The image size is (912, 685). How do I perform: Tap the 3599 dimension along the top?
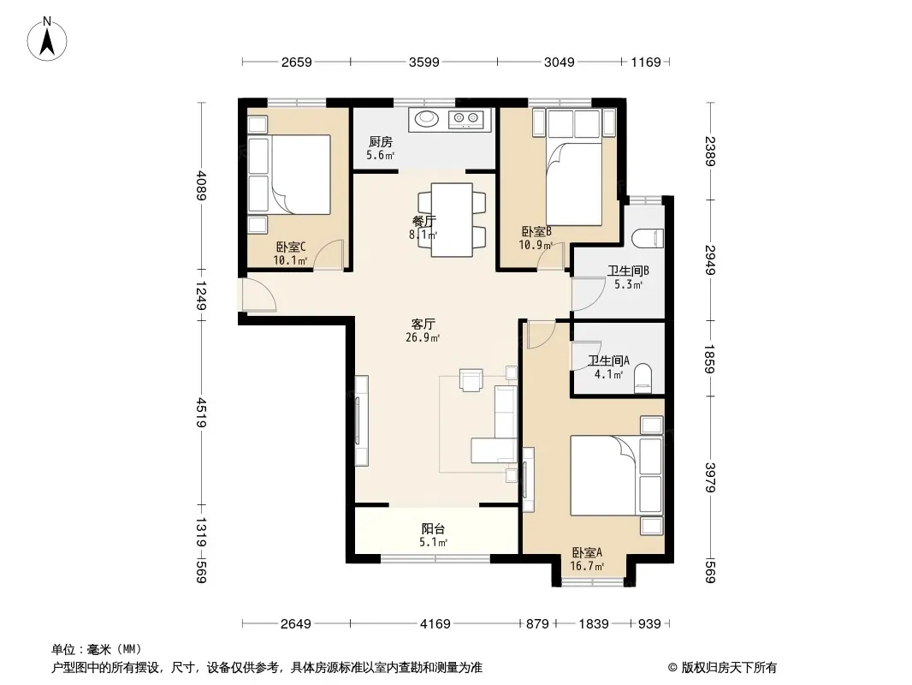click(x=424, y=62)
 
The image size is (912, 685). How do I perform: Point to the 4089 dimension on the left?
click(x=201, y=185)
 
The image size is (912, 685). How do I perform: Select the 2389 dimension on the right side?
click(x=710, y=152)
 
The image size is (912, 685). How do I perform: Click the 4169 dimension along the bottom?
click(x=435, y=624)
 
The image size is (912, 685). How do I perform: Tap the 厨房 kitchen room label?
click(x=381, y=141)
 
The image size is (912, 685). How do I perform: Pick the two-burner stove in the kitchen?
click(x=466, y=119)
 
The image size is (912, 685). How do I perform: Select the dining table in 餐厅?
click(x=452, y=219)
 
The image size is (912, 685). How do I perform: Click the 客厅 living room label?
click(x=423, y=325)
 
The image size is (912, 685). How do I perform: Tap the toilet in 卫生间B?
click(x=648, y=238)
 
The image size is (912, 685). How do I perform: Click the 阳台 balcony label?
click(x=433, y=528)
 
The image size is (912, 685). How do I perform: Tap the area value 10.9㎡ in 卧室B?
click(x=536, y=245)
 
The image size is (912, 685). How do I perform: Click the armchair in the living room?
click(x=471, y=379)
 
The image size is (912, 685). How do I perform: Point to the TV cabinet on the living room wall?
click(x=361, y=420)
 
